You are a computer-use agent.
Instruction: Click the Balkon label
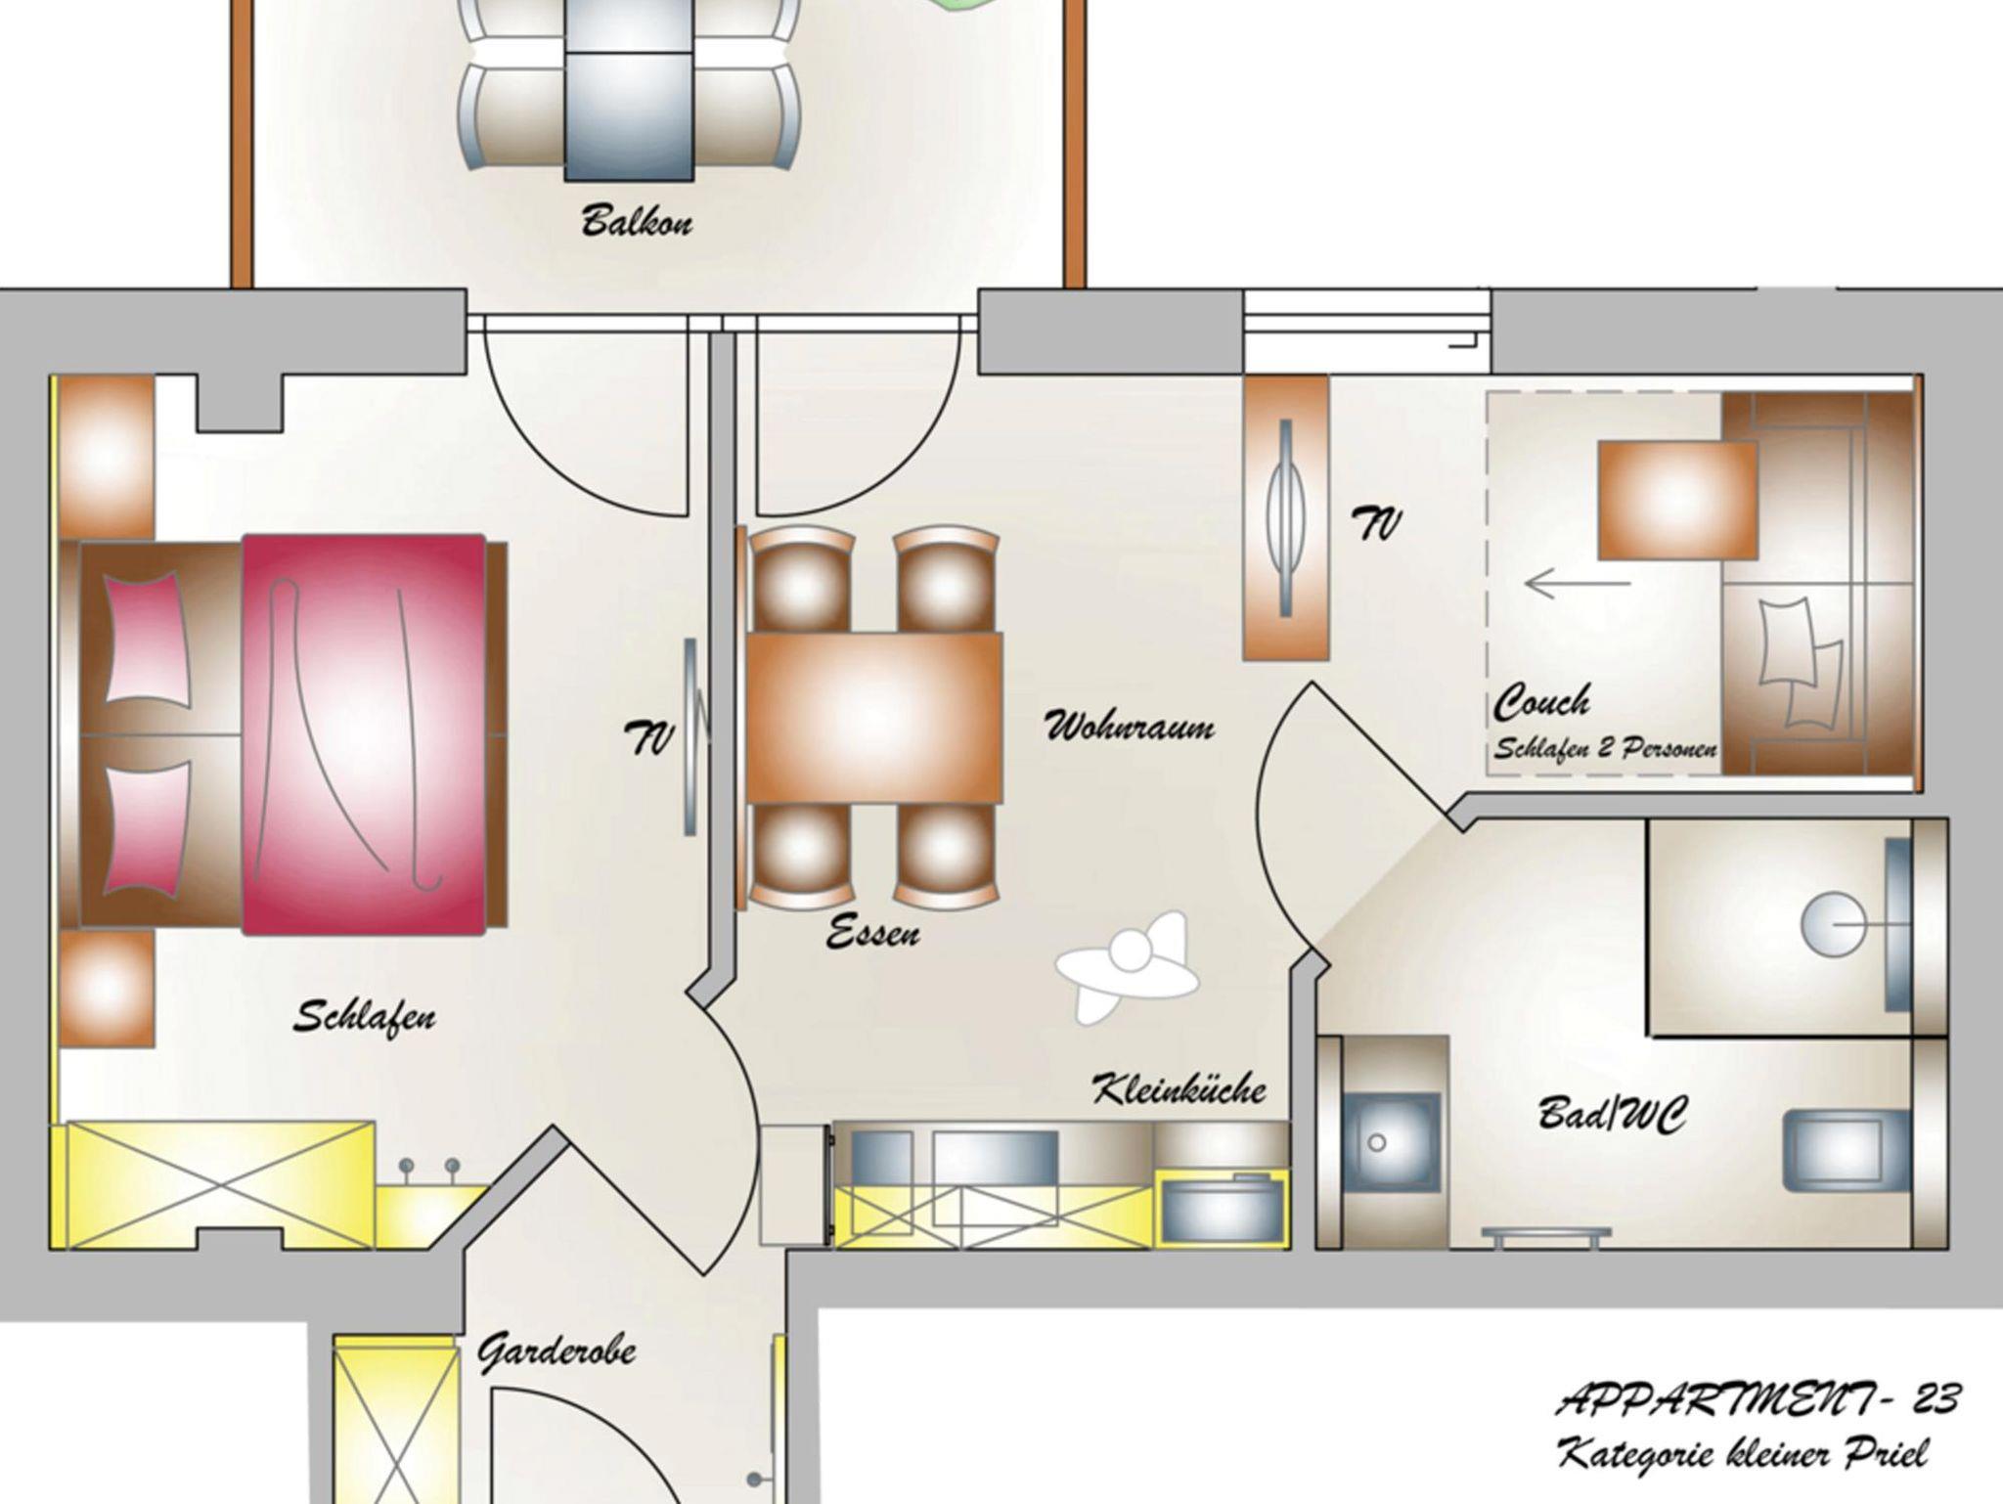[x=637, y=221]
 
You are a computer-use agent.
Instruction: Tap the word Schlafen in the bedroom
[x=365, y=1017]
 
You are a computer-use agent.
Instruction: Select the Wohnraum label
[x=1130, y=727]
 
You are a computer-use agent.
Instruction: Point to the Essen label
[x=872, y=933]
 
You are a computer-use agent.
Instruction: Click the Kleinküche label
[x=1179, y=1088]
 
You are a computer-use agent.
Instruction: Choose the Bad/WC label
[x=1612, y=1115]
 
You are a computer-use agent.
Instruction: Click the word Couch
[x=1541, y=701]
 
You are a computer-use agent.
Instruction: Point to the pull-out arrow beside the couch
[x=1578, y=584]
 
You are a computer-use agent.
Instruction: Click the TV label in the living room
[x=1377, y=525]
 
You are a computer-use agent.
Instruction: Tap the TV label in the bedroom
[x=649, y=737]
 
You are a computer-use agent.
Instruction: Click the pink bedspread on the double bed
[x=364, y=733]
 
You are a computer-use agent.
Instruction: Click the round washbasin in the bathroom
[x=1826, y=924]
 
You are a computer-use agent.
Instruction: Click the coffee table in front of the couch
[x=1677, y=501]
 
